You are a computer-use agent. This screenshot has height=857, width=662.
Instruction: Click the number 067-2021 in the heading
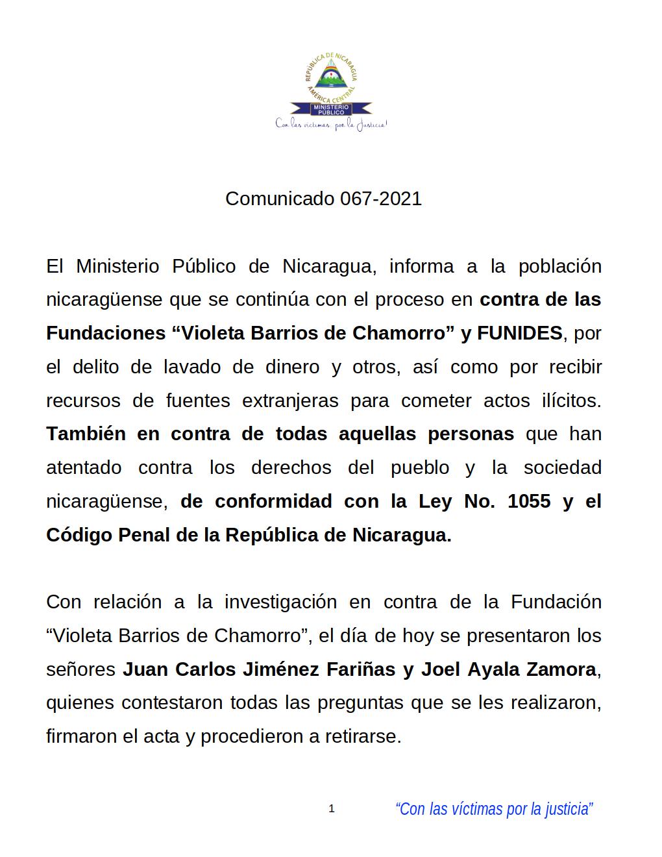tap(381, 199)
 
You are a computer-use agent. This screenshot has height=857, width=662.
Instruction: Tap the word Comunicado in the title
tap(279, 199)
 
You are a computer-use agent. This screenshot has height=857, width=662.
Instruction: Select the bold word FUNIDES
tap(520, 333)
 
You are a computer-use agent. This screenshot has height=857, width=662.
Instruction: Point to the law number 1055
tap(529, 501)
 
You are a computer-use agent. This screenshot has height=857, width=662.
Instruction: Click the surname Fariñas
tap(358, 669)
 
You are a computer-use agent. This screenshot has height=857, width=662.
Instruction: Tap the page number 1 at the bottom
tap(332, 809)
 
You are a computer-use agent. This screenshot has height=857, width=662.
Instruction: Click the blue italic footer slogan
tap(494, 809)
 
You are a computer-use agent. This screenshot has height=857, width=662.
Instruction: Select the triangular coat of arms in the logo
tap(332, 77)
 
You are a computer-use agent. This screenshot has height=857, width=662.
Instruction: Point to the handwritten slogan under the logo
tap(331, 123)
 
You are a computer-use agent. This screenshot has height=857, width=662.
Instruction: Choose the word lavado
tap(194, 367)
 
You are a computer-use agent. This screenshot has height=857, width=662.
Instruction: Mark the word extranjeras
tap(290, 401)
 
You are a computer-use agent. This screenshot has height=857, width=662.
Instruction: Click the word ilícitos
tap(571, 401)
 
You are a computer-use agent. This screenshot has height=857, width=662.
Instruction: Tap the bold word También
tap(86, 434)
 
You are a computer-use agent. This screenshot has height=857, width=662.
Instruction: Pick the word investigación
tap(280, 602)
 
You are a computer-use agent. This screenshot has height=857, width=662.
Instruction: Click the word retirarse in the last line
tap(367, 737)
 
